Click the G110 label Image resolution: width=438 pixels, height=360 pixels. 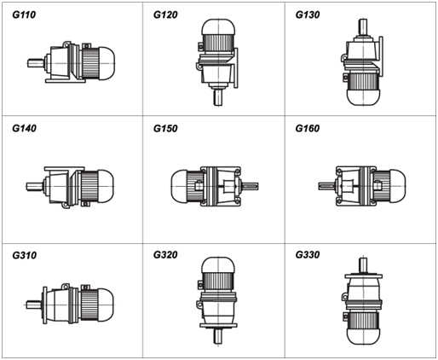point(24,15)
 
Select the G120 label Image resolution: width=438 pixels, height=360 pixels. point(165,15)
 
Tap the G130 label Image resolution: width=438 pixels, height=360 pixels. point(308,15)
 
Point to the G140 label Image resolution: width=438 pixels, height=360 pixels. point(24,128)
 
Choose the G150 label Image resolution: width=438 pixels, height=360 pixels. point(165,128)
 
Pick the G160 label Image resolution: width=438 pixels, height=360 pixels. point(308,128)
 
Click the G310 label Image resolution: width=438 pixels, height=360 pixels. point(24,255)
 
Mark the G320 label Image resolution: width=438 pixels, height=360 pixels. point(165,254)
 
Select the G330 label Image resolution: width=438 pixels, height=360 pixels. point(308,254)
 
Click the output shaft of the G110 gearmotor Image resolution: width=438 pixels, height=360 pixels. point(36,63)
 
